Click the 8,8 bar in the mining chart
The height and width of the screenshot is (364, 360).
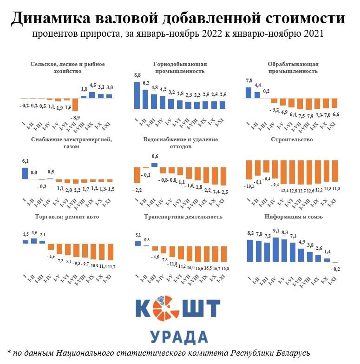(x=137, y=95)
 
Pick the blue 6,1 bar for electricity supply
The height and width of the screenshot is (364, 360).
(x=25, y=173)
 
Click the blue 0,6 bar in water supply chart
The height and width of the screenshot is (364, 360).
(x=154, y=165)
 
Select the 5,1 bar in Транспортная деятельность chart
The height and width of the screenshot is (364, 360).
(x=137, y=243)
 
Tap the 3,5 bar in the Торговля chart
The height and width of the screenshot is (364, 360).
(x=33, y=241)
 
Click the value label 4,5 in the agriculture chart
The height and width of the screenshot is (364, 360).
(x=92, y=85)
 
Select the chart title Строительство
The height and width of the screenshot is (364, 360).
(x=291, y=139)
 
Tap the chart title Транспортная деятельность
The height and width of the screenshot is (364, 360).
(x=183, y=217)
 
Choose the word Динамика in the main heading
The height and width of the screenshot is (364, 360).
(x=50, y=19)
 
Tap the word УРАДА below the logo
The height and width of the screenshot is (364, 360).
(x=179, y=337)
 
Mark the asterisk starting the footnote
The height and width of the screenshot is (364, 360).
(x=9, y=352)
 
